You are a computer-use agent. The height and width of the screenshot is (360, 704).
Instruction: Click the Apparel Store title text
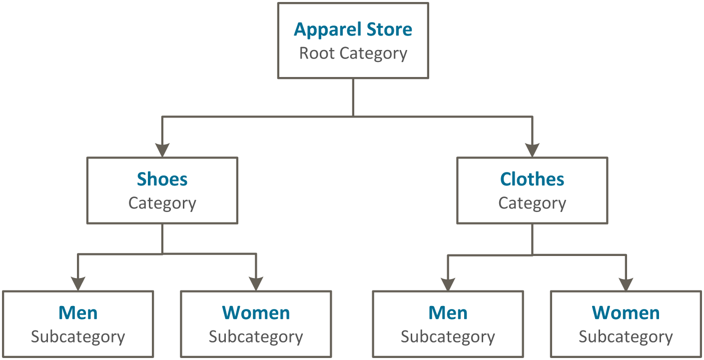click(353, 29)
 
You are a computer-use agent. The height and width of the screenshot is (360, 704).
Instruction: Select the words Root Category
click(353, 53)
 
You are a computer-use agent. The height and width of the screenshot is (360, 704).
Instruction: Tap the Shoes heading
click(162, 179)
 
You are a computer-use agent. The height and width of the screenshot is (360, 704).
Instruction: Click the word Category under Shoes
click(162, 203)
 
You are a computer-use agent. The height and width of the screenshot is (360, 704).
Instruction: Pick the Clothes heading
click(532, 179)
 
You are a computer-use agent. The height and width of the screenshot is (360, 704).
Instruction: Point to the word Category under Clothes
click(532, 203)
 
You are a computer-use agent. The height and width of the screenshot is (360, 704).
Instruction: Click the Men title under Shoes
click(78, 313)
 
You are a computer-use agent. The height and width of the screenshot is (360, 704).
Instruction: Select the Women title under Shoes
click(256, 313)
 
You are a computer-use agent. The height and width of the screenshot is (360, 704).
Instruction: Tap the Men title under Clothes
click(448, 313)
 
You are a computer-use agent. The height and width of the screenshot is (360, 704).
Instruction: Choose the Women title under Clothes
click(626, 313)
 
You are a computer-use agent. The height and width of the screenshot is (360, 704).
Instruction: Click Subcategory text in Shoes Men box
click(78, 336)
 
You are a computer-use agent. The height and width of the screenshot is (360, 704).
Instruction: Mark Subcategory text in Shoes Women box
click(256, 336)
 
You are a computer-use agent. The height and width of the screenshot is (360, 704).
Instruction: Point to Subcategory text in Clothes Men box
click(448, 336)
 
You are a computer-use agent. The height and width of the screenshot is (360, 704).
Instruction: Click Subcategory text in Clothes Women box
click(626, 336)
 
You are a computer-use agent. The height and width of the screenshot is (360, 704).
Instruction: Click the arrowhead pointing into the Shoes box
click(162, 149)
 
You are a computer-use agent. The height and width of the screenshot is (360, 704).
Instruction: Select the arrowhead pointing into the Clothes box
click(532, 149)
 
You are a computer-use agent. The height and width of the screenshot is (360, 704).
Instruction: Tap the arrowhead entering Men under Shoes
click(78, 283)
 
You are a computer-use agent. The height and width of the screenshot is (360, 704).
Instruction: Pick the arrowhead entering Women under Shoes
click(256, 283)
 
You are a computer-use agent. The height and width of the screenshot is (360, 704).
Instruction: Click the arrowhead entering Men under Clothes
click(448, 283)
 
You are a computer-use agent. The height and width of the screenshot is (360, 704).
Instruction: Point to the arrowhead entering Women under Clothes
click(626, 283)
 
